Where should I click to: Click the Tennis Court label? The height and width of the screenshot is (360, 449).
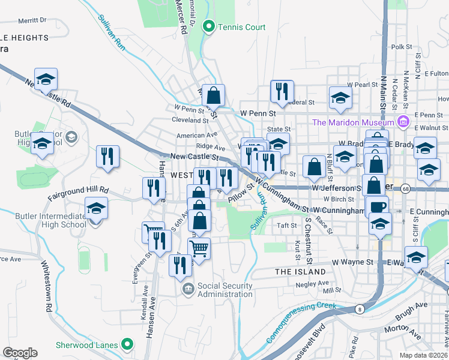pos(241,27)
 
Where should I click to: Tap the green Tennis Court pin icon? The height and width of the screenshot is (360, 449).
pos(209,26)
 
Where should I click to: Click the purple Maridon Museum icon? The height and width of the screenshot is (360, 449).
pos(403,122)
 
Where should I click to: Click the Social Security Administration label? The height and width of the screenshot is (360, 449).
pos(224,290)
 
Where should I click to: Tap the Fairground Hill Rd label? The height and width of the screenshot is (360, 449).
pos(78,190)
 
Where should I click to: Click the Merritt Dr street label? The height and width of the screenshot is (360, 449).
pos(32,20)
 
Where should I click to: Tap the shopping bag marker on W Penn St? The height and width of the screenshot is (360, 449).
pos(213,95)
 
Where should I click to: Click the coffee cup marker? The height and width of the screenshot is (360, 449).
pos(378,206)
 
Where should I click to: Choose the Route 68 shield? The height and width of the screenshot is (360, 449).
pos(406,188)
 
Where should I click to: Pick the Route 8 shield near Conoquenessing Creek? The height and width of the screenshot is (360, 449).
pos(359,309)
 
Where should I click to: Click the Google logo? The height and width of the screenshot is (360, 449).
pos(20,353)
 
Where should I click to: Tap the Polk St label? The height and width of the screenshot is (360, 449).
pos(401,46)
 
